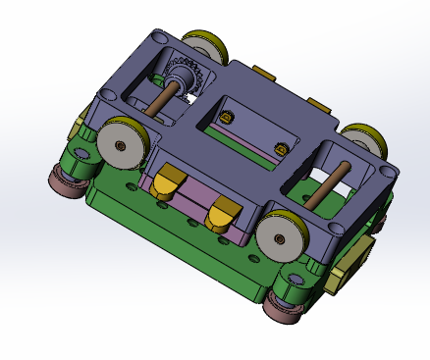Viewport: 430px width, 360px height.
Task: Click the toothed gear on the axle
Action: [x=183, y=78]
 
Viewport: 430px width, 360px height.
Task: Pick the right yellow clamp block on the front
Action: [x=223, y=210]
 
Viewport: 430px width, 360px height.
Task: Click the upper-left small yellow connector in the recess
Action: [x=228, y=117]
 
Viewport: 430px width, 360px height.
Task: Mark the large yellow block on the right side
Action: [x=351, y=264]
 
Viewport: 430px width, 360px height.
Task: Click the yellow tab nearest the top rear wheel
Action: [x=263, y=74]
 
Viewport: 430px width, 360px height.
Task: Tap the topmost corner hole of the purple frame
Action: [x=159, y=38]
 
